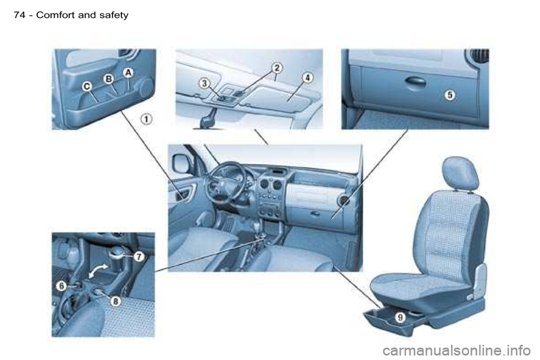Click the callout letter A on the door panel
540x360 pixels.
128,73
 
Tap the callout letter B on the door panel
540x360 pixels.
109,79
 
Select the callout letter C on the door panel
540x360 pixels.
87,87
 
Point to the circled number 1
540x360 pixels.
146,120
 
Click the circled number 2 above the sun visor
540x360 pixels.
277,67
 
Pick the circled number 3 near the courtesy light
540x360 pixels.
205,83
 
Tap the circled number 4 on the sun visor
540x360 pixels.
308,78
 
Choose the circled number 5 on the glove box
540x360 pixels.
450,94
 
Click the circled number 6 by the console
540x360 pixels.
61,286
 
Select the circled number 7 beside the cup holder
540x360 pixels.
138,256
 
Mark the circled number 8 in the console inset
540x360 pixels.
116,301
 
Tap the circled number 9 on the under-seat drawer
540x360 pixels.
400,317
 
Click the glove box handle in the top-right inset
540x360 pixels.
415,82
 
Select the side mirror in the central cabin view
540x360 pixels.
181,164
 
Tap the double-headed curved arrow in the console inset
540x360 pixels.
97,271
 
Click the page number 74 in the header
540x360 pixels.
20,15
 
